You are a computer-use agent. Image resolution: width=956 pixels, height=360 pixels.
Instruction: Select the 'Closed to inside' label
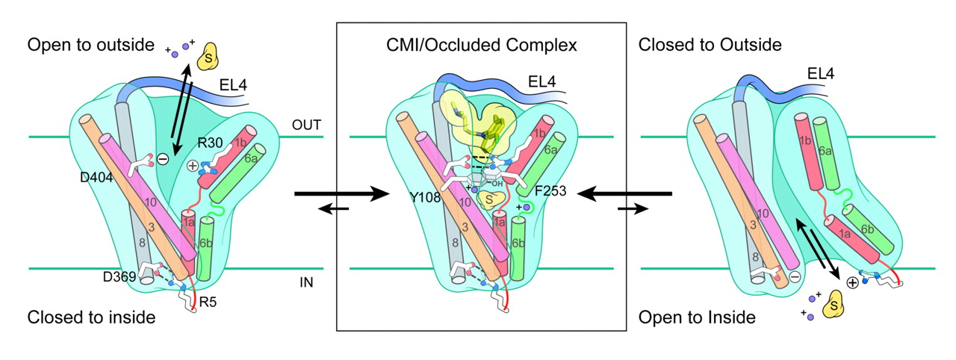point(91,317)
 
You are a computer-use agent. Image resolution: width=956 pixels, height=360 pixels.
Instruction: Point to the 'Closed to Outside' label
point(710,45)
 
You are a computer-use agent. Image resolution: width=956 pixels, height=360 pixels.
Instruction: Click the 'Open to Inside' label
point(697,317)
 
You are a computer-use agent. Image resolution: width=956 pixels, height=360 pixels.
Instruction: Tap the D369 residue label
point(119,277)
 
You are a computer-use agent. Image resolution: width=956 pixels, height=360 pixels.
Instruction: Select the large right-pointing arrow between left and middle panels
point(344,195)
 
